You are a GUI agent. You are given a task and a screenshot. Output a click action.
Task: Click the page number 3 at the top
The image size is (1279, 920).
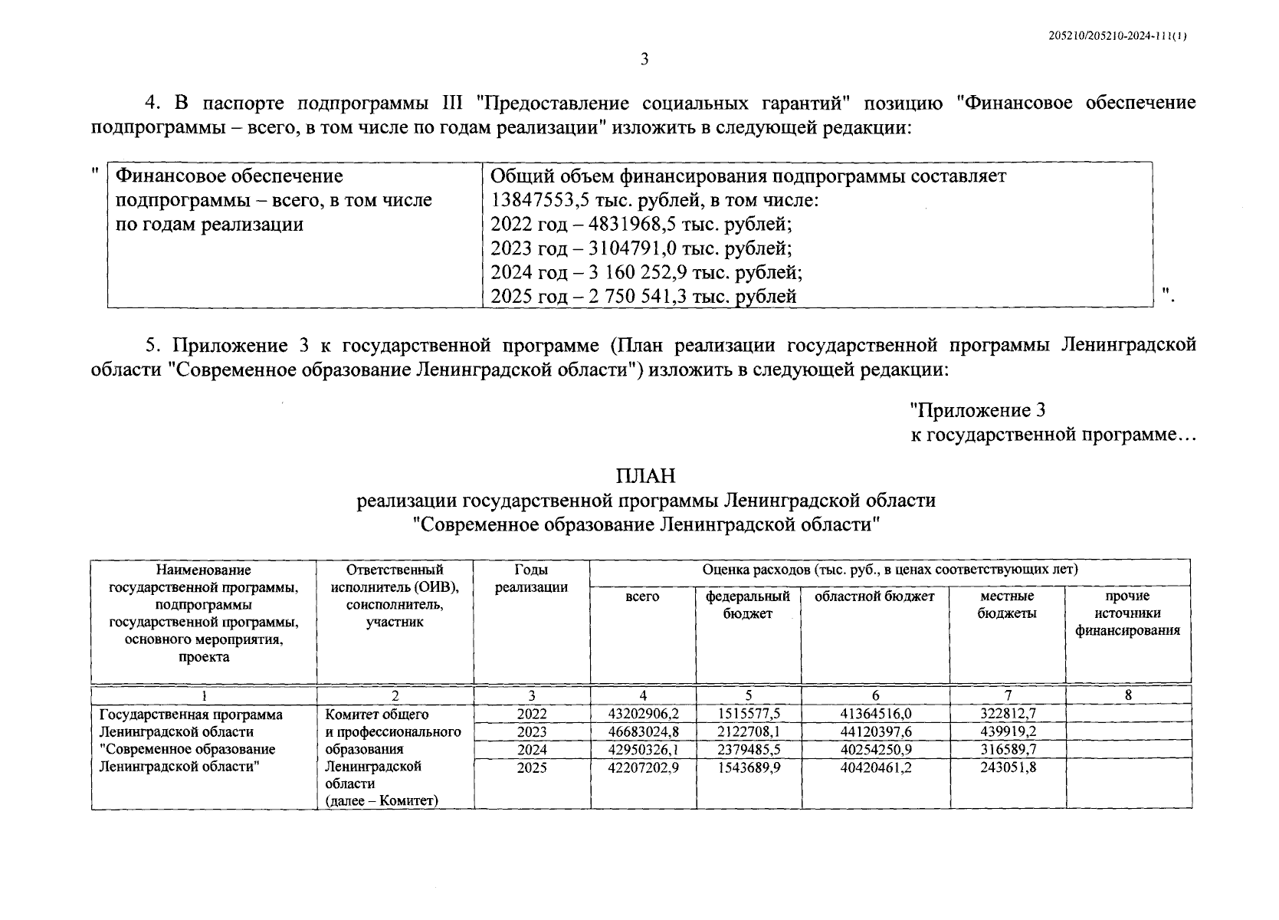click(x=644, y=59)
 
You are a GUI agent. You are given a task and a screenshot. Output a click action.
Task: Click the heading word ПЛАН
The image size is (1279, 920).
click(x=645, y=476)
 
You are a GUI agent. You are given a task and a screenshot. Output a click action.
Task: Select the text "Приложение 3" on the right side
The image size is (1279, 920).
click(x=977, y=411)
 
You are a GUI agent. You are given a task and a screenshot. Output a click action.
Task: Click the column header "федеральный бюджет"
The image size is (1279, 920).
click(x=748, y=605)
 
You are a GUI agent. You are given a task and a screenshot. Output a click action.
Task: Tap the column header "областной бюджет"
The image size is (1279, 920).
click(x=874, y=596)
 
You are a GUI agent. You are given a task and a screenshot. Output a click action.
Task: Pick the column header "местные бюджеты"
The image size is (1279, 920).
click(x=1007, y=605)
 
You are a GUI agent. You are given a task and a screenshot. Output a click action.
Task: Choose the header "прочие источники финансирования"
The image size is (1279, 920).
click(x=1127, y=613)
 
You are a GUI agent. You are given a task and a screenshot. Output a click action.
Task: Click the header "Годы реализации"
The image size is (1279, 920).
click(x=531, y=579)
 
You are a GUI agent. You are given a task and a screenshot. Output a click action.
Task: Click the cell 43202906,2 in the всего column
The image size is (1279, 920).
click(x=643, y=714)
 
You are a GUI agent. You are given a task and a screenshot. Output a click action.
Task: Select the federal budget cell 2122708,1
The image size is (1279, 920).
click(x=748, y=731)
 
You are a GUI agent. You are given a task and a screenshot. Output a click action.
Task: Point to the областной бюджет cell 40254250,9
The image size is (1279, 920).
click(x=875, y=749)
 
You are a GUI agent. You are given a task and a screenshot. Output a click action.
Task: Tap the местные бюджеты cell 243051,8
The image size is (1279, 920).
click(x=1008, y=767)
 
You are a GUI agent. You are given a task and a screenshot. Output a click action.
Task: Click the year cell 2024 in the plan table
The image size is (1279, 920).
click(x=532, y=749)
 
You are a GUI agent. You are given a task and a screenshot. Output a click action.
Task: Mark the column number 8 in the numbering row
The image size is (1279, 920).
click(x=1128, y=696)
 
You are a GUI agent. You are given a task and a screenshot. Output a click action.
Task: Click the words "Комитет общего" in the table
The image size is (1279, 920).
click(x=372, y=714)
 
